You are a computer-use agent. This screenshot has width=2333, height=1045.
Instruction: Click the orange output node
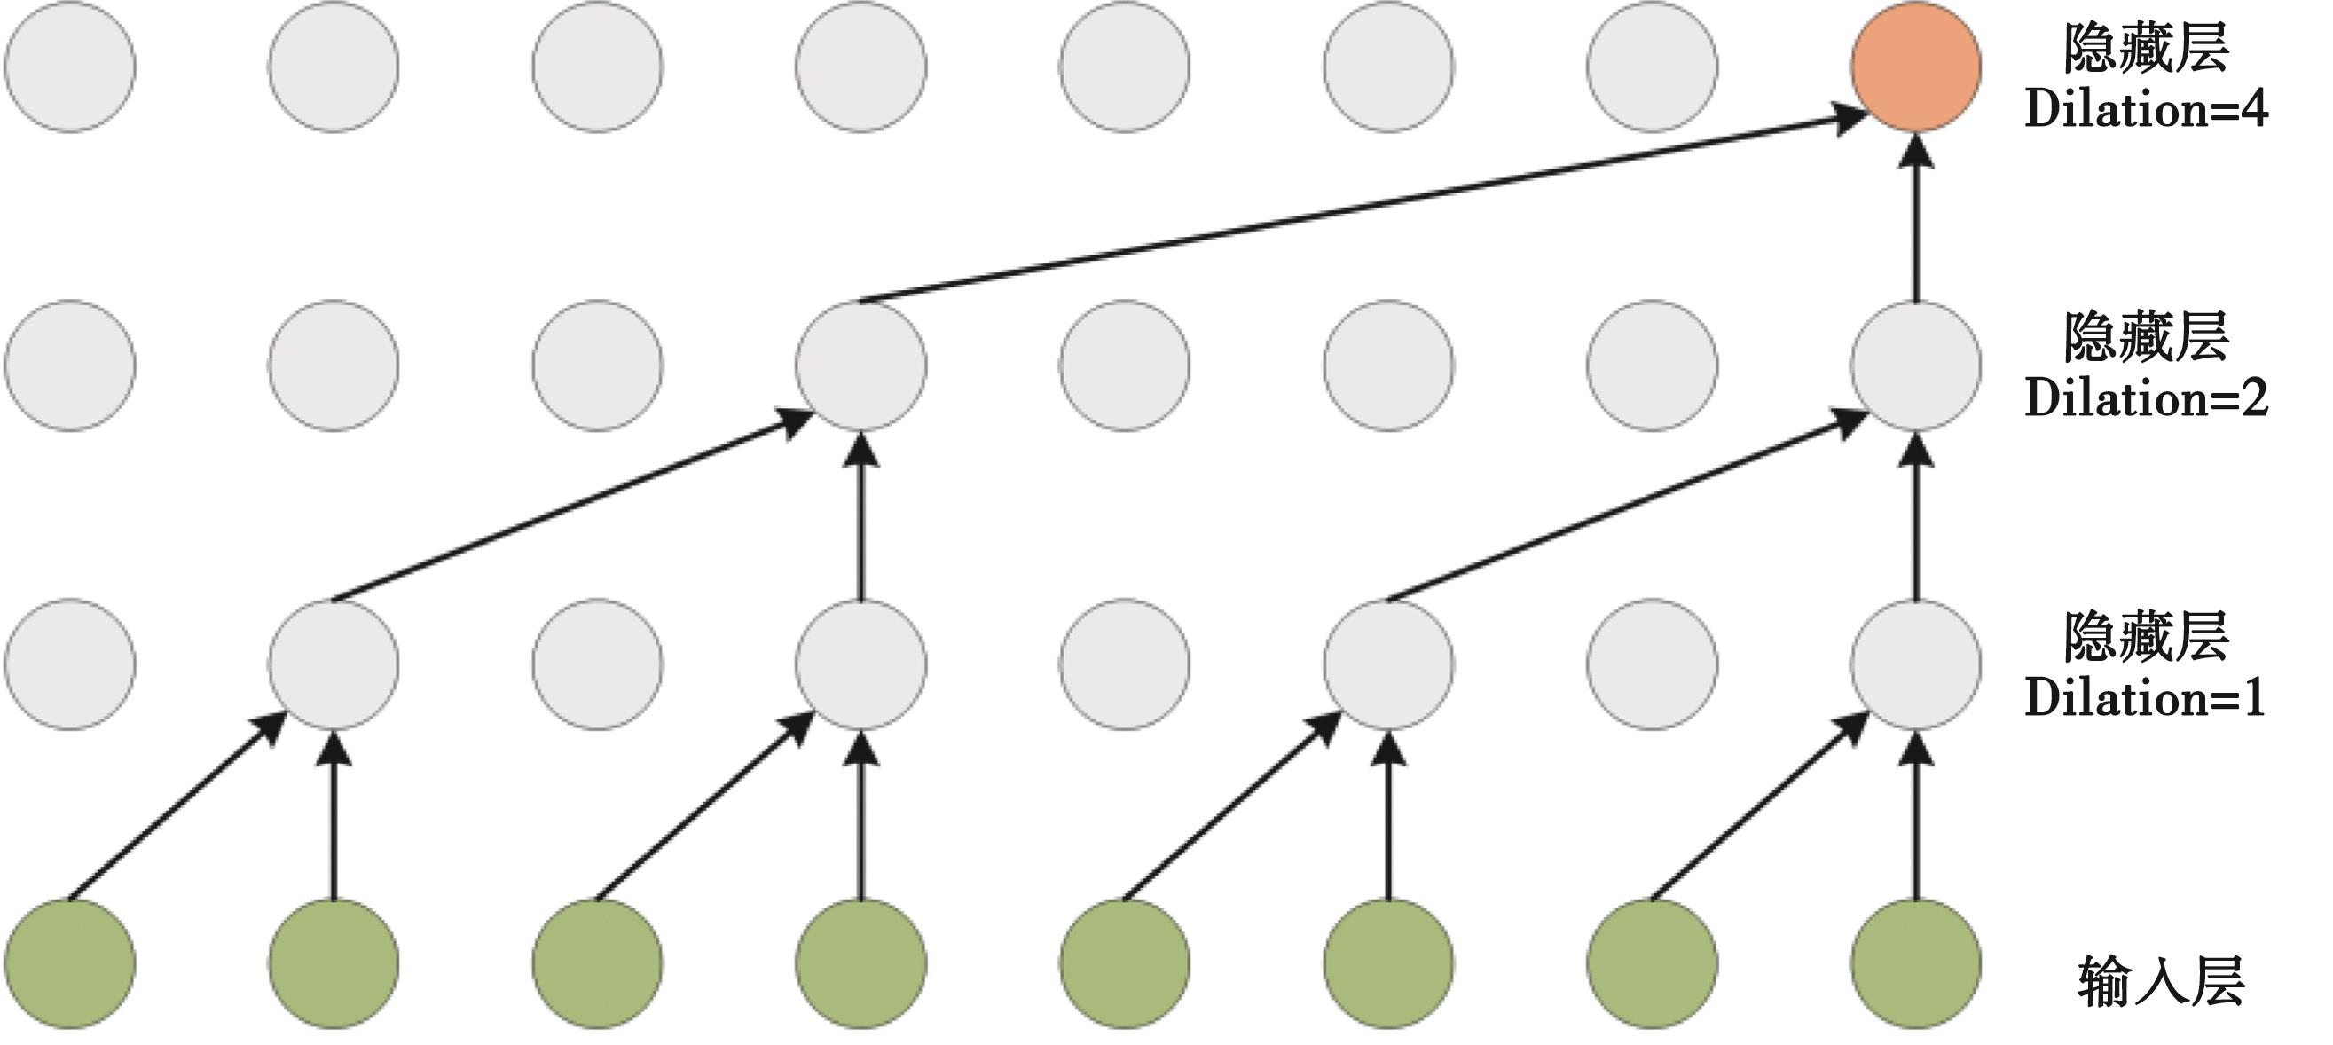coord(1915,67)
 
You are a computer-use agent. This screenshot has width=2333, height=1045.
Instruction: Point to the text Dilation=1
coord(2145,698)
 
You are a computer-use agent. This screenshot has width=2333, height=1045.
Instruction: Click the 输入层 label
coord(2161,982)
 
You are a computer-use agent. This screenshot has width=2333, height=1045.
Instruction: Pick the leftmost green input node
coord(70,963)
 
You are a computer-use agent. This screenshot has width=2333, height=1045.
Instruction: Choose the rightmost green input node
coord(1915,963)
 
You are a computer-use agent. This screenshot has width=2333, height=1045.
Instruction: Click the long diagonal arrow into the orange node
coord(1358,208)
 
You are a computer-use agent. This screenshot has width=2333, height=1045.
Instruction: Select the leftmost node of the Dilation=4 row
coord(70,67)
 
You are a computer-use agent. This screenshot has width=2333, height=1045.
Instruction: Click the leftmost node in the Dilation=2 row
coord(70,365)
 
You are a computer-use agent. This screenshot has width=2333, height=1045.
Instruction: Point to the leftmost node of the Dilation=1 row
coord(70,664)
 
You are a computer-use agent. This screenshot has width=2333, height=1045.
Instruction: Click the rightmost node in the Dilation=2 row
coord(1915,365)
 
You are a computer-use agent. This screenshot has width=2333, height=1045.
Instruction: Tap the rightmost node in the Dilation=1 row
coord(1915,664)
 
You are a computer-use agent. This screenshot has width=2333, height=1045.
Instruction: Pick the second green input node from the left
coord(334,963)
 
